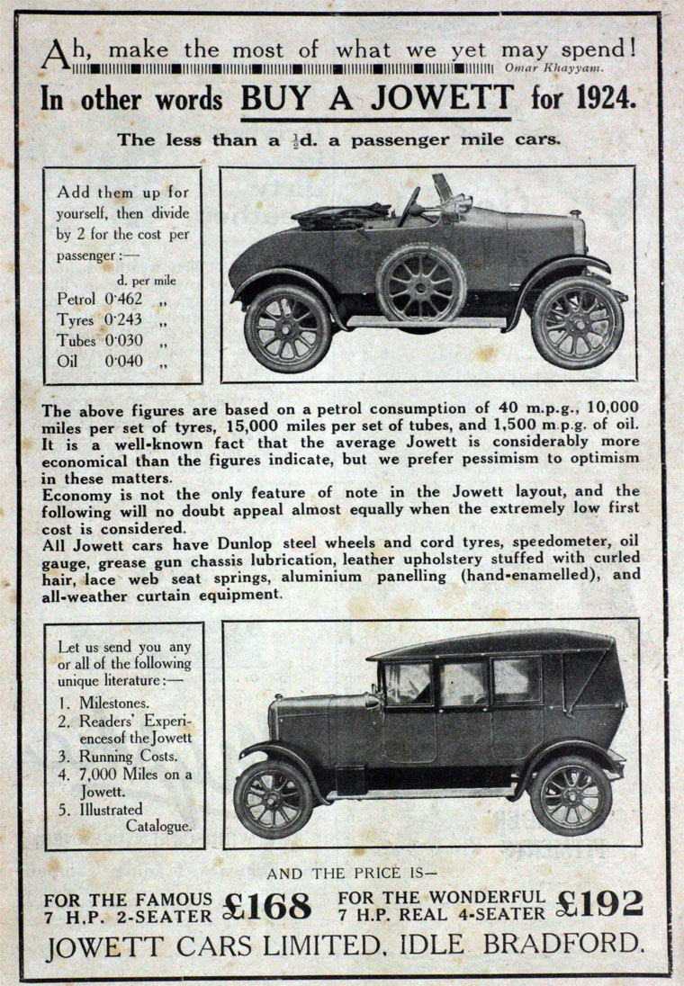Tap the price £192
tap(599, 901)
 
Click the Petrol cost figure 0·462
tap(124, 298)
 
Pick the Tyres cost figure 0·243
tap(124, 319)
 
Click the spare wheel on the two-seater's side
tap(421, 286)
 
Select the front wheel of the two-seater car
tap(577, 322)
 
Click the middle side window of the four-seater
tap(463, 685)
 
